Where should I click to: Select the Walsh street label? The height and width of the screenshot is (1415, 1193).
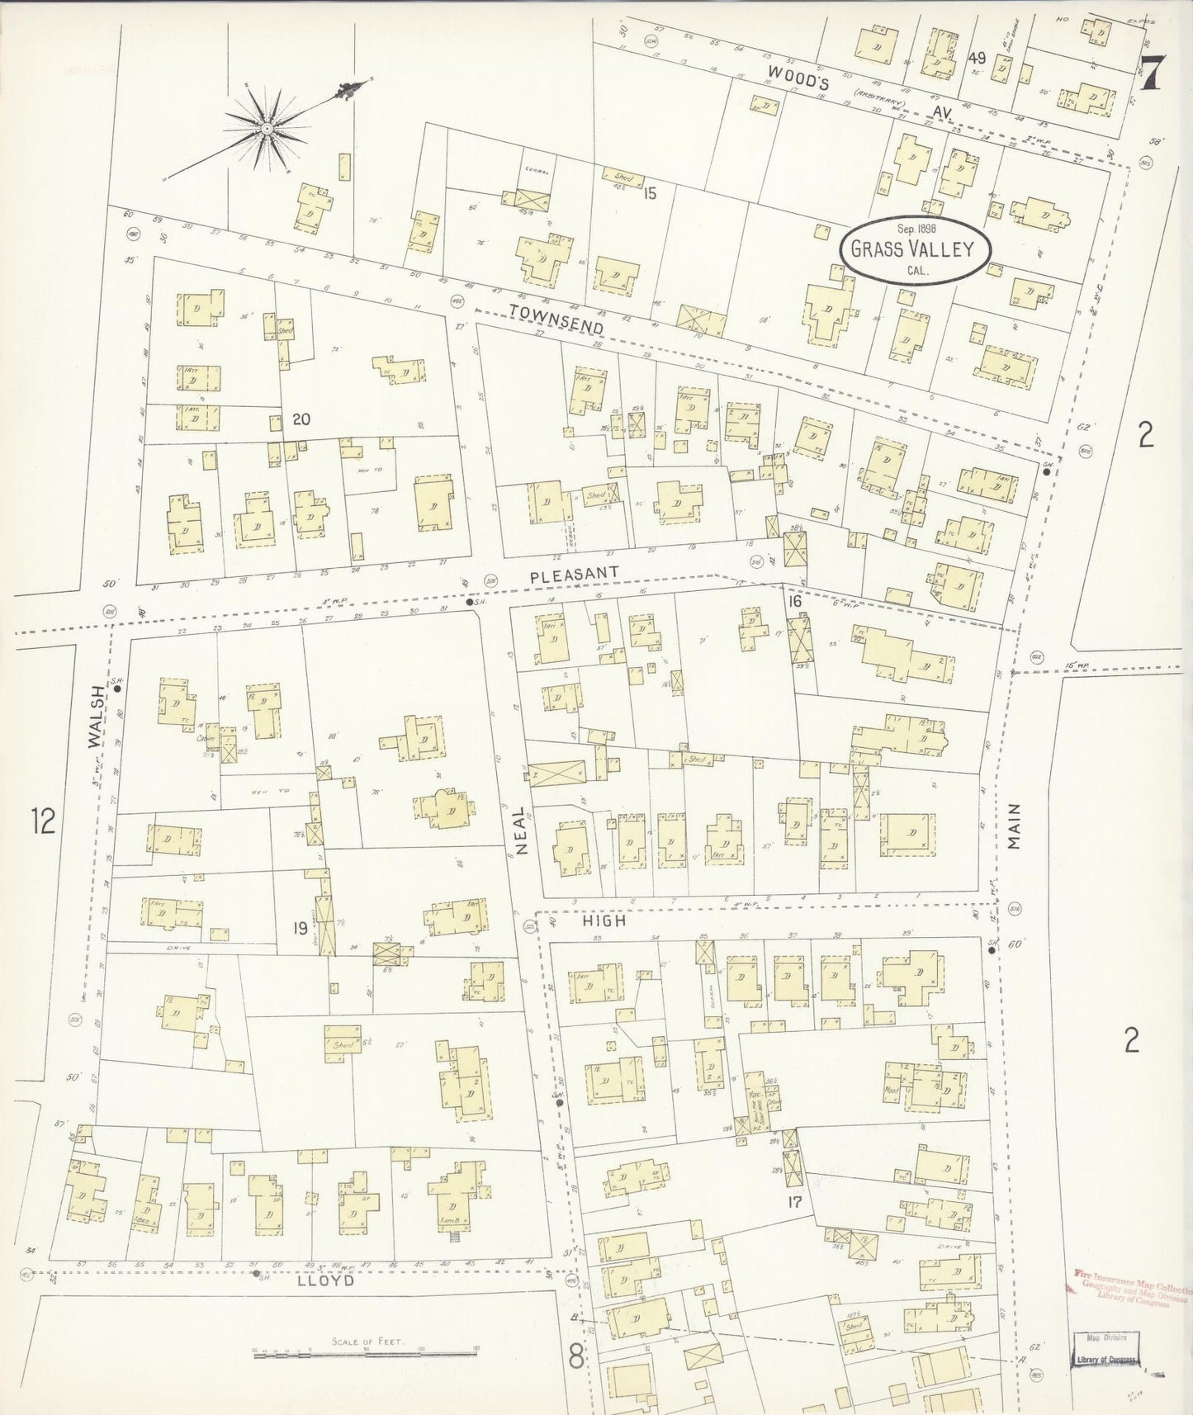coord(97,717)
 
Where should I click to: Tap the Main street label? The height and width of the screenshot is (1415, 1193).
coord(1015,826)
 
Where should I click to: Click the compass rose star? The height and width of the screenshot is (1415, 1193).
coord(266,128)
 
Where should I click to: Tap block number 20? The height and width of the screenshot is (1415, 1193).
coord(301,419)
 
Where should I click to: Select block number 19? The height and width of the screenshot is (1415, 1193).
coord(301,928)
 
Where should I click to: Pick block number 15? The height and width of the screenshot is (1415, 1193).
coord(650,194)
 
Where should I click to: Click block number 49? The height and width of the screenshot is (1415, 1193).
coord(978,58)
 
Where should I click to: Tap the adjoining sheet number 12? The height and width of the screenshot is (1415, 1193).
coord(42,821)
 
